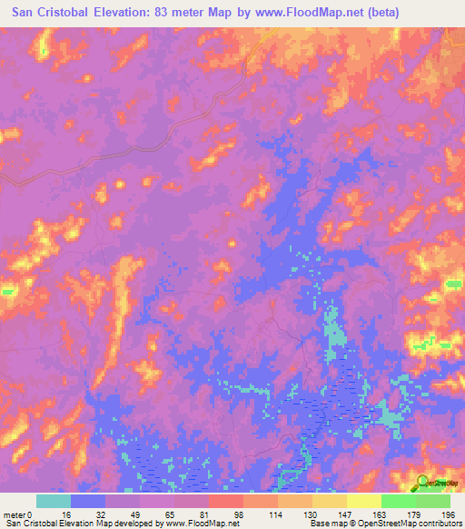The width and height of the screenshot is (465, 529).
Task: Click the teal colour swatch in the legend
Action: [x=53, y=501]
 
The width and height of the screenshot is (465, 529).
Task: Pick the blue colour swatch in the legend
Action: [x=87, y=501]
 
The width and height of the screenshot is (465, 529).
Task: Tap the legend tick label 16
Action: [x=71, y=514]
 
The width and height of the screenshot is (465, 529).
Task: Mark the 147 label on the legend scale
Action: [x=346, y=514]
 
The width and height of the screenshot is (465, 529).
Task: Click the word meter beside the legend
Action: [x=15, y=514]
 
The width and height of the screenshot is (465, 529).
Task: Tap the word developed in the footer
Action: [x=124, y=523]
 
